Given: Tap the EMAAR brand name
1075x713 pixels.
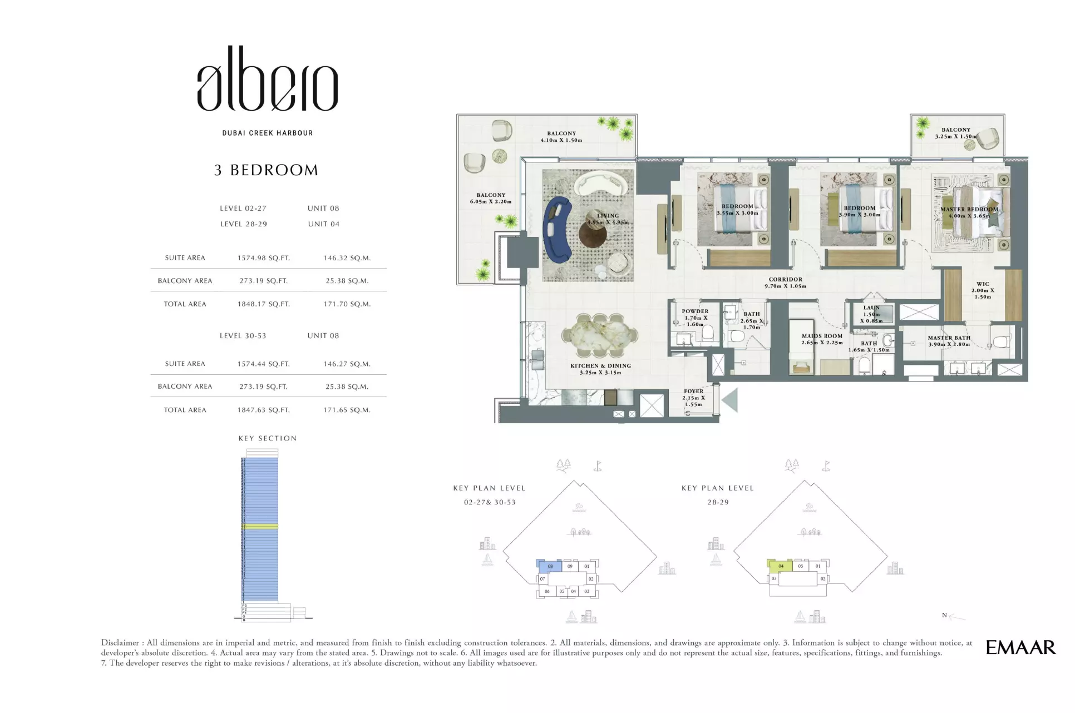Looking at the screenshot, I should tap(1020, 647).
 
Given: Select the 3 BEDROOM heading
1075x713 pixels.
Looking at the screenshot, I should tap(266, 170).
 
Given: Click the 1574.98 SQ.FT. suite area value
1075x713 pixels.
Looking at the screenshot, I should tap(264, 258).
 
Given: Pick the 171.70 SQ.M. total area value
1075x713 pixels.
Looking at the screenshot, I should tap(347, 304).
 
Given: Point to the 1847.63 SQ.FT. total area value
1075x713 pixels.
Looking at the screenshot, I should tap(264, 410).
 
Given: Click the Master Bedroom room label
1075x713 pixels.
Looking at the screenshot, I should tap(969, 212).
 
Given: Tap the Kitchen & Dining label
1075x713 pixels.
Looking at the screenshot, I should tap(600, 369).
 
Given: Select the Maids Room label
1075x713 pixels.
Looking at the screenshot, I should tap(822, 339).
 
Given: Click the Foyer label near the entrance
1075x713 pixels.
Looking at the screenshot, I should tap(694, 398).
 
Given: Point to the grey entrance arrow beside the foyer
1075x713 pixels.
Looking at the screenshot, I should tap(729, 400).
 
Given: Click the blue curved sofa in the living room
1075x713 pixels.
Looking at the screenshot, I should tap(556, 229).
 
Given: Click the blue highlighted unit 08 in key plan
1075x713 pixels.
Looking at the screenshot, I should tap(550, 567).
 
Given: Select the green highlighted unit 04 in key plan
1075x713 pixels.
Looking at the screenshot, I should tap(780, 566).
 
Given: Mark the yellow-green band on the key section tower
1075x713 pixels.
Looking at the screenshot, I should tap(259, 526).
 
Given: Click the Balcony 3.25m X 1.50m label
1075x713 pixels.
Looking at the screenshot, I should tap(956, 133).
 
